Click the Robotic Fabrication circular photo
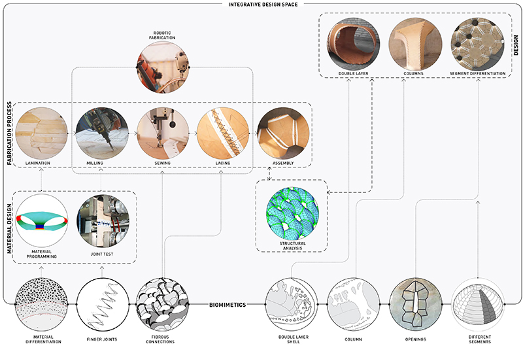point(162,67)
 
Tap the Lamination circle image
point(41,133)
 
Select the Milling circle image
point(102,133)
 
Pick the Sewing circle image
point(163,133)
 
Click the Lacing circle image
point(223,133)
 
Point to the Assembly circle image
point(283,133)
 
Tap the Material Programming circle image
point(42,221)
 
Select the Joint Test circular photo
point(103,221)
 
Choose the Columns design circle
point(415,44)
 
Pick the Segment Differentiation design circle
point(477,44)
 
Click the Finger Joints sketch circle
point(103,304)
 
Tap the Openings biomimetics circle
point(416,304)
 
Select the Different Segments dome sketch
point(478,304)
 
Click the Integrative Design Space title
point(263,5)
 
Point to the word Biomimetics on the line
point(228,305)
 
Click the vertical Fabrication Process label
point(9,133)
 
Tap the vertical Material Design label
point(9,228)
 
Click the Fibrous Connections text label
point(160,339)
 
